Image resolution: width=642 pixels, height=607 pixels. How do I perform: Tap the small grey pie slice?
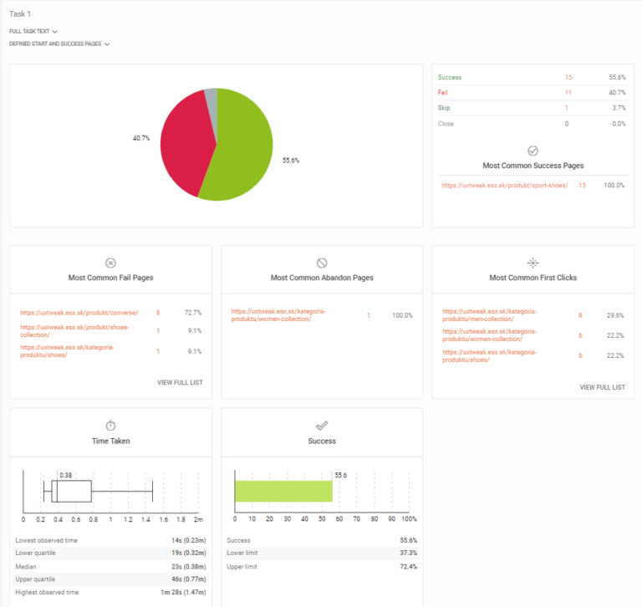point(211,97)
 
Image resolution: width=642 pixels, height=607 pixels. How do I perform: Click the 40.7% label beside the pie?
point(140,138)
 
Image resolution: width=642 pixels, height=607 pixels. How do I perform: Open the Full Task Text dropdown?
point(33,31)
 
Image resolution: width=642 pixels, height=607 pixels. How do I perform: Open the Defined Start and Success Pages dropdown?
point(59,43)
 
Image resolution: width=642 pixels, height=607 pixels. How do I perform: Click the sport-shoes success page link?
point(504,185)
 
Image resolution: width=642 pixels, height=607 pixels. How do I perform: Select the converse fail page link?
point(79,313)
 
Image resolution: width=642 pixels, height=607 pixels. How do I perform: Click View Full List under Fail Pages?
point(180,382)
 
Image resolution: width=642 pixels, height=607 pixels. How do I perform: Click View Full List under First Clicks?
point(602,387)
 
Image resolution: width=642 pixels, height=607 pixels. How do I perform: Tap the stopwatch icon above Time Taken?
point(110,425)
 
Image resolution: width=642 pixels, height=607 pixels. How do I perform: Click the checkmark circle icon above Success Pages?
point(532,150)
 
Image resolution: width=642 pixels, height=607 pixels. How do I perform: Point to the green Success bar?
point(283,491)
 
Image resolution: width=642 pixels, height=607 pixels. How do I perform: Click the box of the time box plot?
point(71,491)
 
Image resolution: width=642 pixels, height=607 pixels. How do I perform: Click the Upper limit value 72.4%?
point(408,566)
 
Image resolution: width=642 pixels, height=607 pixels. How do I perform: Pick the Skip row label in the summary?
point(444,108)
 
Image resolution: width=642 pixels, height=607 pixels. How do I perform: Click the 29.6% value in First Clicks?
point(614,315)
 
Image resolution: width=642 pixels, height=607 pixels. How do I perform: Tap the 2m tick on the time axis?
point(197,519)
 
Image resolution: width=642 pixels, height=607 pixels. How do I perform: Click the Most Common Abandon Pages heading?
point(322,278)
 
